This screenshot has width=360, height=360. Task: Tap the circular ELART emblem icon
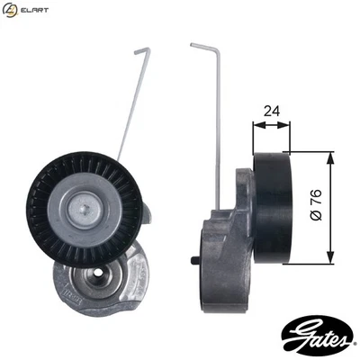pyautogui.click(x=11, y=10)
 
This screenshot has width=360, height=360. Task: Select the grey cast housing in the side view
pyautogui.click(x=225, y=243)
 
